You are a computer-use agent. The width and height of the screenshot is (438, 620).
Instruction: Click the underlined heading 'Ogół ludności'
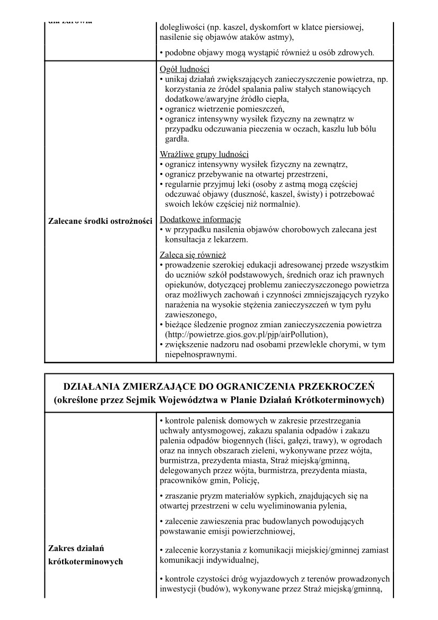tap(185, 69)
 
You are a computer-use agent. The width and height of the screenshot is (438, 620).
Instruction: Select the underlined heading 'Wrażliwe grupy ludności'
tap(204, 155)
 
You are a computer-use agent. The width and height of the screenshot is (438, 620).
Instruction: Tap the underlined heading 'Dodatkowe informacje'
tap(200, 219)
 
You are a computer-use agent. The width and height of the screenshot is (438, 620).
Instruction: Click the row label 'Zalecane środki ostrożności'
tap(100, 221)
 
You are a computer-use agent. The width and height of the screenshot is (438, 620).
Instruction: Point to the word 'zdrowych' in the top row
tap(356, 53)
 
